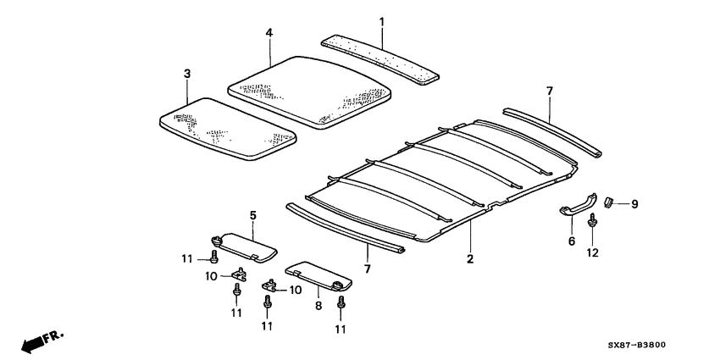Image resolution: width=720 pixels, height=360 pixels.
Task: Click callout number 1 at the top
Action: pos(381,20)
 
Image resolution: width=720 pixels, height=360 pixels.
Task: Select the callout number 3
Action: pos(186,75)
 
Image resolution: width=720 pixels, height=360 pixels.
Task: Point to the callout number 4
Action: pos(269,33)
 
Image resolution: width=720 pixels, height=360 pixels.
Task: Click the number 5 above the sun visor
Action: pos(252,216)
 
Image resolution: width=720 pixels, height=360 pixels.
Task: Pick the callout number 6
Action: pos(571,241)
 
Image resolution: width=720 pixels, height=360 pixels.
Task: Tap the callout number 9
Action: pos(633,203)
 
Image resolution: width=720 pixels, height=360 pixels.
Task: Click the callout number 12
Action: pos(592,252)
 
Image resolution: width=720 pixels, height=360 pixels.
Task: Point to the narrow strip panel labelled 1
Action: pos(382,59)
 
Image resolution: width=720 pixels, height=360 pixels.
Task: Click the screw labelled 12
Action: pos(591,223)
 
